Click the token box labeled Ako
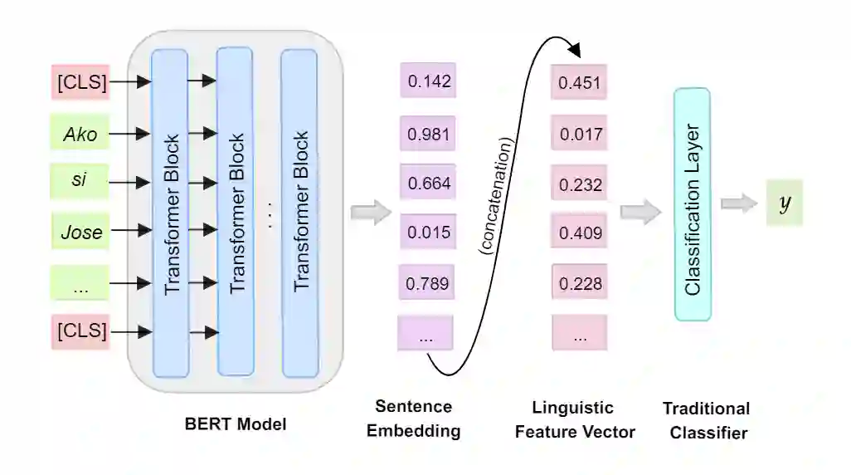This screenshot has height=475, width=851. point(80,133)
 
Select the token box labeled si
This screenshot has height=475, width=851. point(80,182)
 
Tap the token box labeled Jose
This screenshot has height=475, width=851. point(80,232)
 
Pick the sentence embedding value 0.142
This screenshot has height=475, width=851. point(427,81)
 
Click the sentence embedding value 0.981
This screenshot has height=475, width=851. point(427,133)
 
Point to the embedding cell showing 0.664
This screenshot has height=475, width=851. point(427,182)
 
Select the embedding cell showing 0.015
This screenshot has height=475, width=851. point(427,233)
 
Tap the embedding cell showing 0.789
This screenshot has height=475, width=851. point(427,283)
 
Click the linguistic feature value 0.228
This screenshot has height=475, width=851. point(579,284)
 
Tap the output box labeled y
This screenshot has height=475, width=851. point(784,203)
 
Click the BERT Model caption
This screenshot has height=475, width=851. point(235,424)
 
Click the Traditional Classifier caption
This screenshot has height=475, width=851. point(707,420)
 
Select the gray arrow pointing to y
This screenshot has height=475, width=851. point(738,203)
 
